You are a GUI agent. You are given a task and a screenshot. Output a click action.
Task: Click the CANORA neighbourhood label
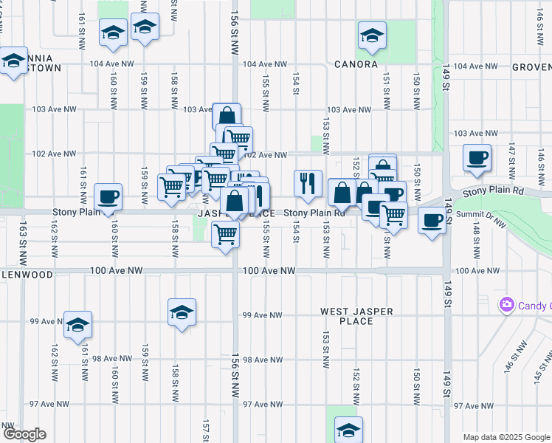[354, 65]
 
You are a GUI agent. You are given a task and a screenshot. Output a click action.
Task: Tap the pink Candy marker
[506, 304]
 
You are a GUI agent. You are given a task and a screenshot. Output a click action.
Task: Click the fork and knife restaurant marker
[308, 183]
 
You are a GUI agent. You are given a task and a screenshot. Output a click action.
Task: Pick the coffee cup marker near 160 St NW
[108, 196]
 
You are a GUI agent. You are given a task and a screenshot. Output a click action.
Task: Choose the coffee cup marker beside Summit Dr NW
[432, 219]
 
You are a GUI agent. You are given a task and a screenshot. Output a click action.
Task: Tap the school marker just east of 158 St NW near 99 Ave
[182, 312]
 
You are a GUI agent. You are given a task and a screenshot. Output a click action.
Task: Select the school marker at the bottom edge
[348, 430]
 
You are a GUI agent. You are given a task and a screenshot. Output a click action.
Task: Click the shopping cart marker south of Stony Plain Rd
[225, 236]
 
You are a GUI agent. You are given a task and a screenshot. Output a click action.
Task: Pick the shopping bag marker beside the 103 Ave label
[227, 117]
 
